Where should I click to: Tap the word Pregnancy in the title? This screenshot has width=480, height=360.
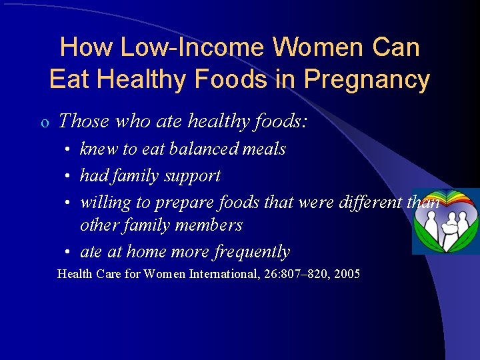pos(367,80)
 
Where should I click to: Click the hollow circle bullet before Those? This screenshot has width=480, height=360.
pos(43,122)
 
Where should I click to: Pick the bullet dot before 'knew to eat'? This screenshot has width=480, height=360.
pos(69,149)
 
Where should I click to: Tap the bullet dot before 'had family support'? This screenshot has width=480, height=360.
pos(69,176)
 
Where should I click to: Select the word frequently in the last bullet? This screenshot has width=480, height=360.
pos(253,252)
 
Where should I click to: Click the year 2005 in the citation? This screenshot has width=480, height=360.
pos(346,274)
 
